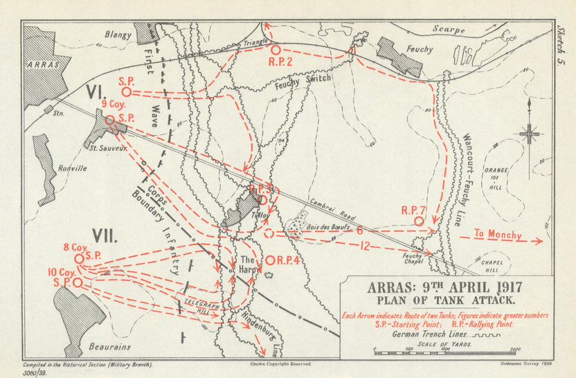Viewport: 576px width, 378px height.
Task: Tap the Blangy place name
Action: (118, 34)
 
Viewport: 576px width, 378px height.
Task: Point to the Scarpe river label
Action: (449, 30)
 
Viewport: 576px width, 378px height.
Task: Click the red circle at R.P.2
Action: (275, 50)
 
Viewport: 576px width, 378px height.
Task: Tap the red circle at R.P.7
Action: (418, 220)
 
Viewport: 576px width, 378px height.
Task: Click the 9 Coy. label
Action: (114, 105)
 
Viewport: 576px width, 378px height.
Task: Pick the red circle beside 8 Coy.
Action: (78, 258)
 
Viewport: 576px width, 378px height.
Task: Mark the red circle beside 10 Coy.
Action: (77, 283)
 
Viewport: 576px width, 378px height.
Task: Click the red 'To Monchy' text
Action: (498, 235)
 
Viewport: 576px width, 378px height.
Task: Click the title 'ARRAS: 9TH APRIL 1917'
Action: (444, 287)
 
